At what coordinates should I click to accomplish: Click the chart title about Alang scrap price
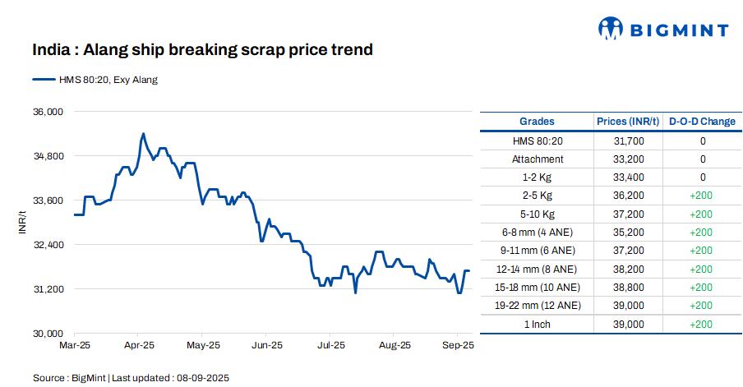click(x=202, y=50)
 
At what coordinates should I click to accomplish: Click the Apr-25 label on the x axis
click(x=140, y=346)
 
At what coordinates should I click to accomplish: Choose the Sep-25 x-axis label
click(x=457, y=346)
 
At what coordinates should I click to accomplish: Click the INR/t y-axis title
click(x=22, y=222)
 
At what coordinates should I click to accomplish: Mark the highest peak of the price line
click(x=143, y=133)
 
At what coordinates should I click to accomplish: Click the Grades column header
click(x=537, y=122)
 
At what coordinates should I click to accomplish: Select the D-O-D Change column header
click(x=702, y=122)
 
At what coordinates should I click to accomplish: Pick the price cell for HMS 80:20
click(x=629, y=141)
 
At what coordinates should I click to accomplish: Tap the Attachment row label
click(x=537, y=159)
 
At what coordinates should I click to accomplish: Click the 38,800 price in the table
click(x=629, y=288)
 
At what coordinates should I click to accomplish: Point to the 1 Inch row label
click(x=537, y=324)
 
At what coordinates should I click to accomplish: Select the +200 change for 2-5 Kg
click(x=702, y=196)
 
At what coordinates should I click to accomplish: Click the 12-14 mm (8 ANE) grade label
click(x=537, y=269)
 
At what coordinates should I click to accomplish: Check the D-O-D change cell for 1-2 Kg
click(x=702, y=177)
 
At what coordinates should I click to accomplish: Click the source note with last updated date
click(x=131, y=378)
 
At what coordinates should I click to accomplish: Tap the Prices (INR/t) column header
click(x=629, y=122)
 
